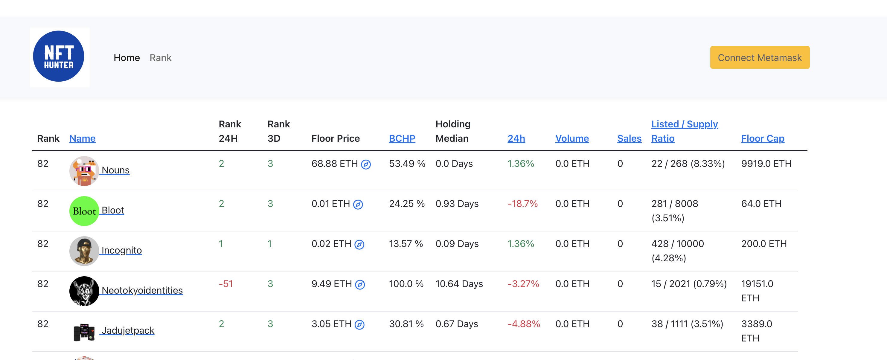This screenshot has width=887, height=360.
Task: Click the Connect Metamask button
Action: point(759,57)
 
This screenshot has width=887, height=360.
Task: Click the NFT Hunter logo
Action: point(59,57)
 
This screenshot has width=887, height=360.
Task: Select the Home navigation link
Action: point(127,58)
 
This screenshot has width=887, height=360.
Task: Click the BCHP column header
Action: point(402,138)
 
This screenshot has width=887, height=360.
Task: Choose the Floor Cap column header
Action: point(762,138)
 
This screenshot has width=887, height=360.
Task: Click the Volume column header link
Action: point(571,138)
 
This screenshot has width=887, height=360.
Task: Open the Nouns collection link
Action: point(115,170)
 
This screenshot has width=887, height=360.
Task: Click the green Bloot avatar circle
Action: point(84,211)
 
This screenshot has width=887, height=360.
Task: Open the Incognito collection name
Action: point(121,250)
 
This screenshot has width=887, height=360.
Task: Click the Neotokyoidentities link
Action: point(142,290)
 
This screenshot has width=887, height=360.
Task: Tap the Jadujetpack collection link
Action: point(128,330)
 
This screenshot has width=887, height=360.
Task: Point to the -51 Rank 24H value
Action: point(225,284)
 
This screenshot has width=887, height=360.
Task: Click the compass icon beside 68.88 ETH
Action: point(365,164)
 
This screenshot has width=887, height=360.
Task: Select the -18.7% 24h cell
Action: point(522,204)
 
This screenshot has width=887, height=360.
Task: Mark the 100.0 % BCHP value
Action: point(406,284)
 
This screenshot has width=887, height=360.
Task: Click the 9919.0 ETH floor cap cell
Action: point(766,164)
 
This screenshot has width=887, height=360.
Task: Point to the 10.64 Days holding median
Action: point(459,284)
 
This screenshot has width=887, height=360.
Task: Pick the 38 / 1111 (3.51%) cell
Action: point(687,324)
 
